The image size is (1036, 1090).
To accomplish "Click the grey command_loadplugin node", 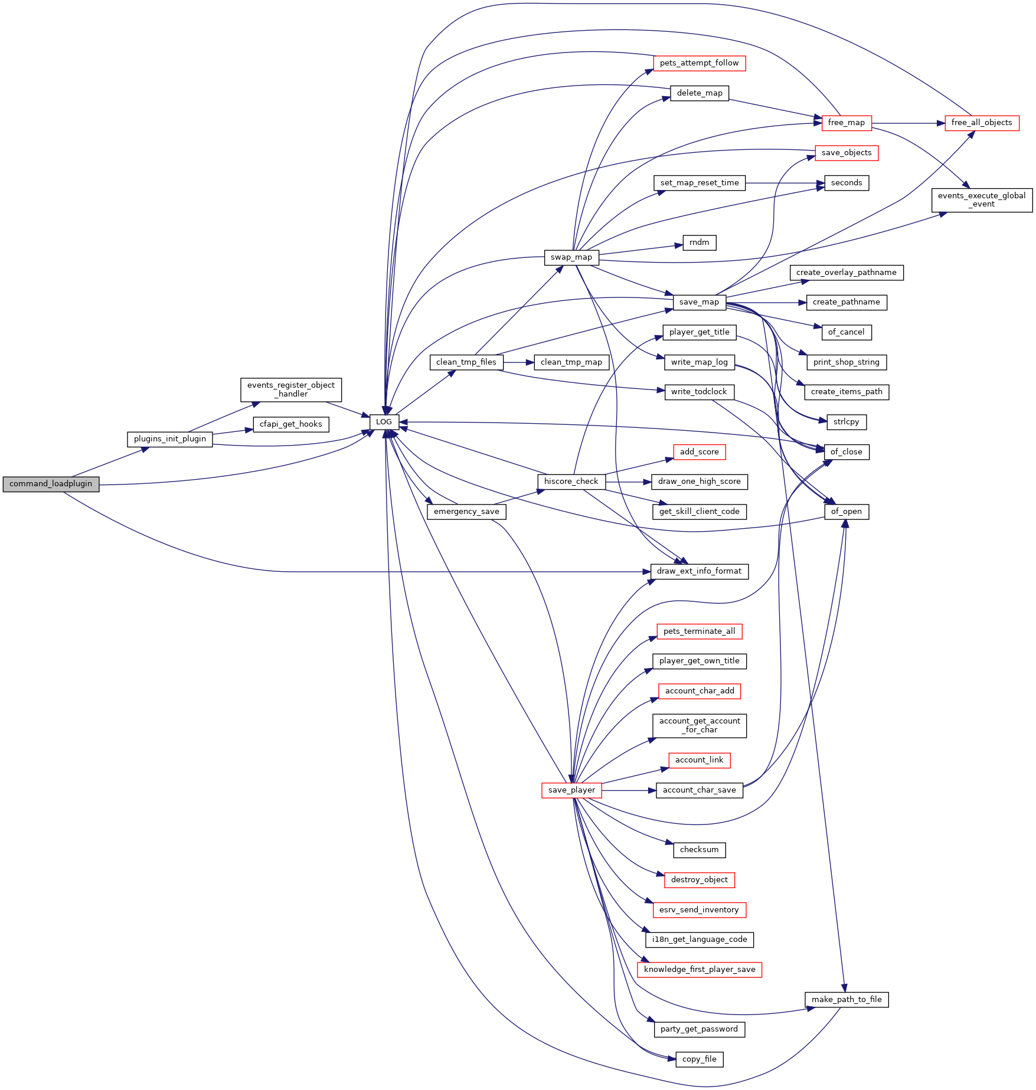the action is [51, 484].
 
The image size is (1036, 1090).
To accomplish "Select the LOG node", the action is [384, 422].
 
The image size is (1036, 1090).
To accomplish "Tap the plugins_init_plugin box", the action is [170, 439].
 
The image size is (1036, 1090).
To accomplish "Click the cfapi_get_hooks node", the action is [291, 424].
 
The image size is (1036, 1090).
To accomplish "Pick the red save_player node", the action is [571, 790].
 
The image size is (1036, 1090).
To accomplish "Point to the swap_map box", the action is [571, 257].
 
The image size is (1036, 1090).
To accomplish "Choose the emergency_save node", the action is [466, 512].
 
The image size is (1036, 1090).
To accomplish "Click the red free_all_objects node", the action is [982, 123].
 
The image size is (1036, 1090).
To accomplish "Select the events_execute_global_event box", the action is [982, 200].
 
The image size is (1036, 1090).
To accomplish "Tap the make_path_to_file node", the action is [847, 1000].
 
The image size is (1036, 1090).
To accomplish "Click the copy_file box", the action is [700, 1059].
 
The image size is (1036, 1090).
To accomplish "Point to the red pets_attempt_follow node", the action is [700, 63].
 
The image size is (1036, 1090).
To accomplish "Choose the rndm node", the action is [700, 243].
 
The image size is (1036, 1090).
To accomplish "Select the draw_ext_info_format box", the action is [700, 571].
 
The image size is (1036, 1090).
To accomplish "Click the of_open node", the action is [847, 512].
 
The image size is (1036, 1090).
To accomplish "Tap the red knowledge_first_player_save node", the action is [700, 970].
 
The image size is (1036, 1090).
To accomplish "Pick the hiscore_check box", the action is [571, 482].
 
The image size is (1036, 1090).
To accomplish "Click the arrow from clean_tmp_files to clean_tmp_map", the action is [519, 362].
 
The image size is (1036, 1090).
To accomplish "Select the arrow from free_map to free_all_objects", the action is [908, 123].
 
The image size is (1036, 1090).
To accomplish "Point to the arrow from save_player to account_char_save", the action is [629, 790].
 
